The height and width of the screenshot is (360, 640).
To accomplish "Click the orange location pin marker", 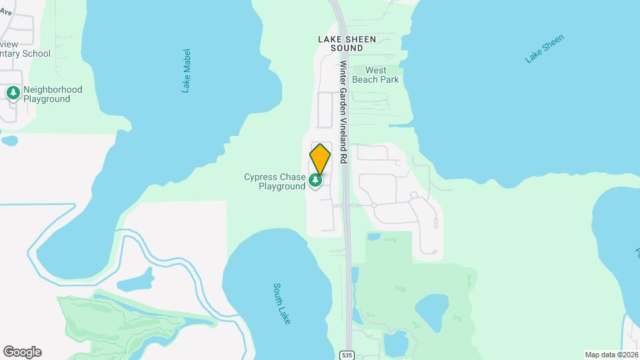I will tap(320, 159).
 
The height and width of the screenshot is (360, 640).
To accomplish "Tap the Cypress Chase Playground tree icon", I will tap(315, 179).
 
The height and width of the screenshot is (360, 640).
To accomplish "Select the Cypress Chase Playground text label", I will tap(274, 182).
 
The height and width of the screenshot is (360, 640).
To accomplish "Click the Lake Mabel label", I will tap(187, 71).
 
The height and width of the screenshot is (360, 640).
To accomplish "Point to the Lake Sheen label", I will tap(545, 49).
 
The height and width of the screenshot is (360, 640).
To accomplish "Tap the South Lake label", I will tap(282, 304).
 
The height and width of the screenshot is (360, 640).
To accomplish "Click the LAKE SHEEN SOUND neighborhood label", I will tap(347, 44).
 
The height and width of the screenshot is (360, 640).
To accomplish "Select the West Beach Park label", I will tap(375, 75).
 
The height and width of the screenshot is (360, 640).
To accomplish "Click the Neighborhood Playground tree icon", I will tap(13, 93).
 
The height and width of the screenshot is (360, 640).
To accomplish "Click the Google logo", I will tap(22, 351).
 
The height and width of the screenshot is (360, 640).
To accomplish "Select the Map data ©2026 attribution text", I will tap(611, 354).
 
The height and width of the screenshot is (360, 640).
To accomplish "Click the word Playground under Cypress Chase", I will tap(282, 187).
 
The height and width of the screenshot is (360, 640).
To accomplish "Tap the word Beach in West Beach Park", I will tap(365, 79).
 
